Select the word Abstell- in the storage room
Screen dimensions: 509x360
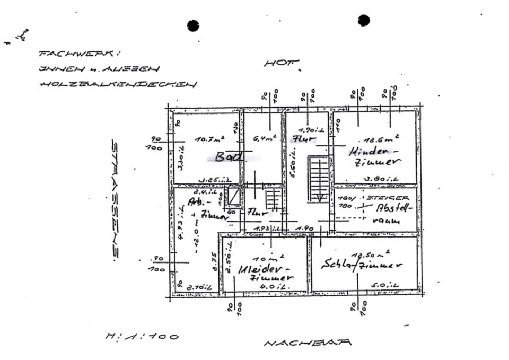(393, 208)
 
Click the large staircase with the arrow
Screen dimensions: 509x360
(319, 179)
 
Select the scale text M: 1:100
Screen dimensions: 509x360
(142, 336)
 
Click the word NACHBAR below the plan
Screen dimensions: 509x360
(308, 343)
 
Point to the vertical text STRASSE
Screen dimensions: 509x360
(115, 199)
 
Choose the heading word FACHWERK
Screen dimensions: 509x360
(80, 54)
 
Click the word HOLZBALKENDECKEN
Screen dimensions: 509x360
(118, 84)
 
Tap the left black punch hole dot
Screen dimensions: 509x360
(193, 25)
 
